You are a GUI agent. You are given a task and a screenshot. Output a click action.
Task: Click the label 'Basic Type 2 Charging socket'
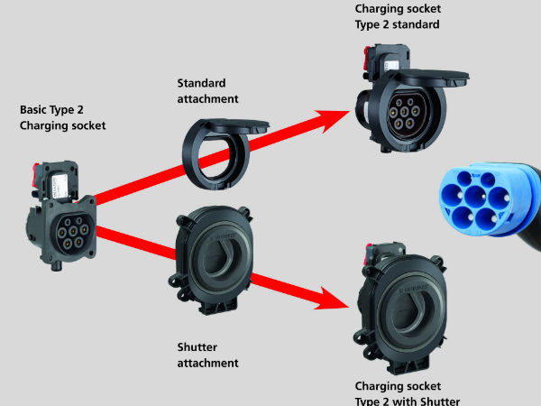coord(62,117)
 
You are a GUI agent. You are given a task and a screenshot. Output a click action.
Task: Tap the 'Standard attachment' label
coord(207,91)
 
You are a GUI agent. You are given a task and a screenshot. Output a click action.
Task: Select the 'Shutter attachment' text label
coord(207,355)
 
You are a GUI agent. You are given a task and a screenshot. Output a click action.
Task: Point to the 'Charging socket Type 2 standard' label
coord(398,16)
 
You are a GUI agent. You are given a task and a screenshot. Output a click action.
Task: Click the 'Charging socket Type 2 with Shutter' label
coord(408,393)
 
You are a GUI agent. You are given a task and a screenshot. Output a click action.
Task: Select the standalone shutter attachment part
coord(212,260)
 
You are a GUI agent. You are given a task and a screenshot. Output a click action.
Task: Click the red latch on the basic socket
coord(36,171)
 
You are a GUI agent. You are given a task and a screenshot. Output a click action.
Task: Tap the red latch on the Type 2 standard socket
coord(366,56)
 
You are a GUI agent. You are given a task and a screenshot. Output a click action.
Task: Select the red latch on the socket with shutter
coord(369,253)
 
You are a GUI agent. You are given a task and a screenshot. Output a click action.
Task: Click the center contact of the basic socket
coord(73,231)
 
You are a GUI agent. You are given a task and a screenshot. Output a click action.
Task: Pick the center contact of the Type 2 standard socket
coord(404,112)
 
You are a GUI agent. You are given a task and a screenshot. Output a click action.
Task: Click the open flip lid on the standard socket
coord(431,77)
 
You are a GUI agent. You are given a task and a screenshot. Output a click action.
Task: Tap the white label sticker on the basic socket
coord(60,186)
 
